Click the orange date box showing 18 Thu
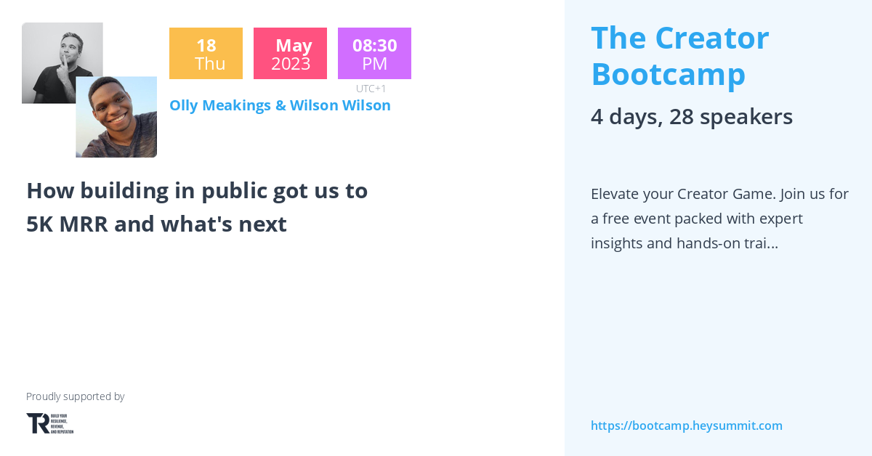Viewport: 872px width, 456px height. click(x=206, y=54)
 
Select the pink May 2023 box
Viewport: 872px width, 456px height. click(x=290, y=54)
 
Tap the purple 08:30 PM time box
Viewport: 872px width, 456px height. click(x=374, y=54)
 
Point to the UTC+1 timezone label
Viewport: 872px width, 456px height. click(x=371, y=89)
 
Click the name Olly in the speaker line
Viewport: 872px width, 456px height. click(x=185, y=105)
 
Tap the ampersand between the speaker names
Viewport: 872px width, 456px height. click(x=280, y=105)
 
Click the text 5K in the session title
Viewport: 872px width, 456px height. click(x=41, y=224)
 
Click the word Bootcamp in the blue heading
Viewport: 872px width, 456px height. click(x=668, y=74)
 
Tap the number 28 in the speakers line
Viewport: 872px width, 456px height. click(x=682, y=117)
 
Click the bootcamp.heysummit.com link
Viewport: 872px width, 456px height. click(x=686, y=426)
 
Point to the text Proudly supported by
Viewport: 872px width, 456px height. click(x=75, y=396)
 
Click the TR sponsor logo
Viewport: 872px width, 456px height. click(x=49, y=423)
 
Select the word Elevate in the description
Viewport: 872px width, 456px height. click(x=617, y=194)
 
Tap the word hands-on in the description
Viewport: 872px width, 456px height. click(x=709, y=243)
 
